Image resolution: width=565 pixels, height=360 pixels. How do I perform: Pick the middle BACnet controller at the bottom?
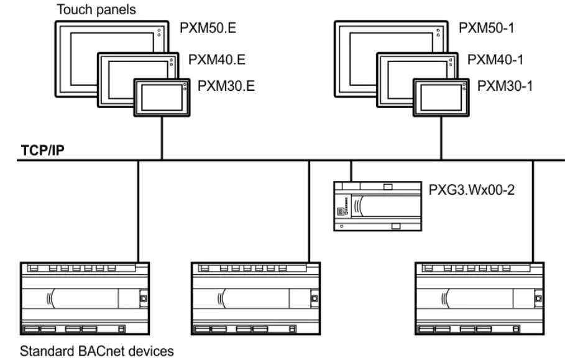coord(257,297)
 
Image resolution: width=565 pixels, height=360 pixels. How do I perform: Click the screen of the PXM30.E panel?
coord(159,98)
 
